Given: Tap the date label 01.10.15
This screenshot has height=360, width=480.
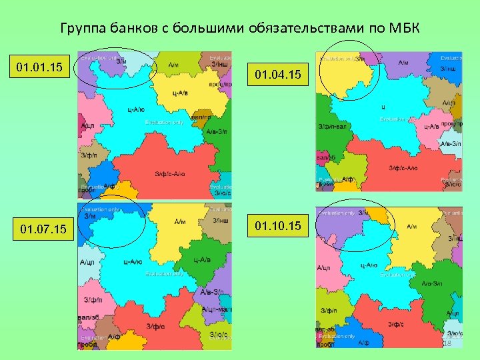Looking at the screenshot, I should coord(279,227).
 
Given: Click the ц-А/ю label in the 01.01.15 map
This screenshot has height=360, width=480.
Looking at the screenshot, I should coord(135,110).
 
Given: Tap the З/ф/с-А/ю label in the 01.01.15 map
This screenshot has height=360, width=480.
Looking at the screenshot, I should coord(170,174).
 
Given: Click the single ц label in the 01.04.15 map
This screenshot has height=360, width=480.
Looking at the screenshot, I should coord(383,107).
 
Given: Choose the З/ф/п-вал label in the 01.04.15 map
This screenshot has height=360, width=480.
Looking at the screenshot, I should coord(332,127).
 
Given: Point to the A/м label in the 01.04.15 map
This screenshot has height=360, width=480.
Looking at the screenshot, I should coord(403,63).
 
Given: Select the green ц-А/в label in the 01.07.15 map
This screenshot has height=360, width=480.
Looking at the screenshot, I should coord(202,259).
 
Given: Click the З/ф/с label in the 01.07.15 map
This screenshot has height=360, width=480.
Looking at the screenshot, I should coord(156,325).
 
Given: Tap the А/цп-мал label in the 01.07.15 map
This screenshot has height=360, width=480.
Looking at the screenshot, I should coord(216,309).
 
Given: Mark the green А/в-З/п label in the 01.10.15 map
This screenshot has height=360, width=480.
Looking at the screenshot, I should coord(431,283).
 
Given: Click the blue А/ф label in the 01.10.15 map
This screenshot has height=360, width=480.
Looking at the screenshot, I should coord(364,342).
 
